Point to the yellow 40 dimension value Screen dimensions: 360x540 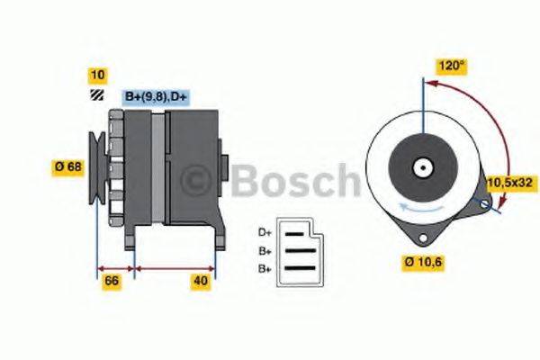click(x=201, y=282)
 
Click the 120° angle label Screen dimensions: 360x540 click(x=452, y=66)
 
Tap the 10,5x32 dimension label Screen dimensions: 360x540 click(x=509, y=183)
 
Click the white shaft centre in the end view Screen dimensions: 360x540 click(x=421, y=167)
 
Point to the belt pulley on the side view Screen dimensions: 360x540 click(x=100, y=166)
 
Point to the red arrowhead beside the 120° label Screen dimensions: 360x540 click(x=430, y=84)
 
